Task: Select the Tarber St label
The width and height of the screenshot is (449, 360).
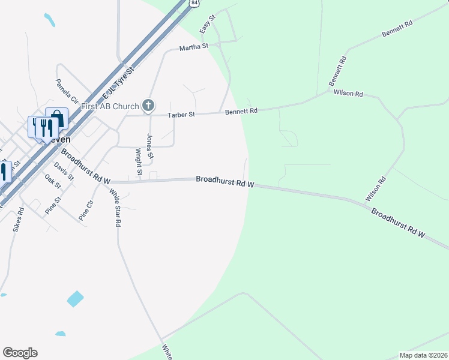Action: [181, 114]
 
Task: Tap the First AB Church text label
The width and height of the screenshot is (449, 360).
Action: [110, 107]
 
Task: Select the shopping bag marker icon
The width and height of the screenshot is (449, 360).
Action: [56, 117]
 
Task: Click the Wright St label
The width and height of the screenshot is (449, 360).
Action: [139, 162]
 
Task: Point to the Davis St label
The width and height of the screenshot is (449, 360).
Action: [62, 172]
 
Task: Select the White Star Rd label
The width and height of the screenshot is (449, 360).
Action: [114, 208]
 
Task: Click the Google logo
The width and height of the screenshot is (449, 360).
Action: [20, 353]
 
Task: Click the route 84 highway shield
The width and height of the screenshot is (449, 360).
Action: [193, 3]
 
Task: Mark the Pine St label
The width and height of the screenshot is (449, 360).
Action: [53, 206]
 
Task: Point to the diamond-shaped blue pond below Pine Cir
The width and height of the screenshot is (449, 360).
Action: [75, 298]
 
